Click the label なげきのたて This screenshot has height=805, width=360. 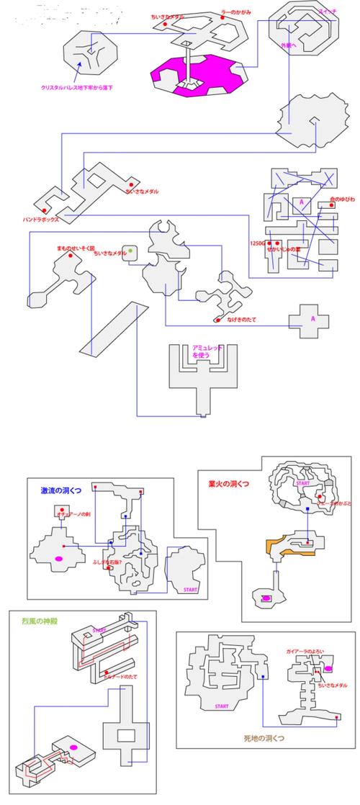click(240, 319)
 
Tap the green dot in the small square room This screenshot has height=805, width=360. click(130, 251)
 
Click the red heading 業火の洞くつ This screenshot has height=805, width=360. click(228, 485)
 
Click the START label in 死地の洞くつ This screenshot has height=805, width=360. click(222, 706)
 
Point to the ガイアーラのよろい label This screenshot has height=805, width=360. click(305, 651)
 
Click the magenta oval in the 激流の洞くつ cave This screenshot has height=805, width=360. click(58, 558)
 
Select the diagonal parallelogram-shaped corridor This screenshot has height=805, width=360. click(112, 328)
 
